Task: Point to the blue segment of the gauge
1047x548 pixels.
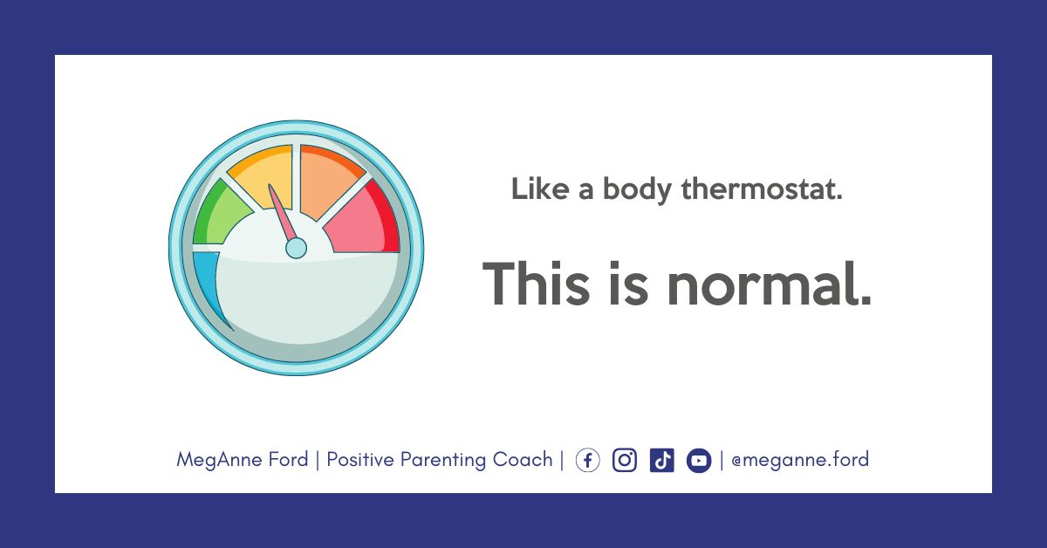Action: [x=208, y=285]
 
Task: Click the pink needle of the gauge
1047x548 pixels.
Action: [x=283, y=213]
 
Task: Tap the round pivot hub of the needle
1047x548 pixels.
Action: [x=296, y=248]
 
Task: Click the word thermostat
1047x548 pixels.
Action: [x=762, y=188]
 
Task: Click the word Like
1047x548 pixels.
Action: [x=540, y=188]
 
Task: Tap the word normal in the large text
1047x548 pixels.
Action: [x=769, y=283]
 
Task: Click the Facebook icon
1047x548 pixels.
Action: [x=587, y=460]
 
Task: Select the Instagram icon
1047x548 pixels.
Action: [x=625, y=460]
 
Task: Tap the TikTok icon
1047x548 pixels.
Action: [x=662, y=460]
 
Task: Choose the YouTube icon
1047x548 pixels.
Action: [x=699, y=461]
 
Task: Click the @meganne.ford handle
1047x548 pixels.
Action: [x=800, y=459]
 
